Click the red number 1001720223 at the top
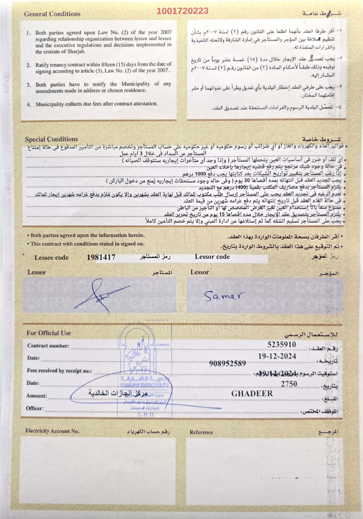tap(182, 11)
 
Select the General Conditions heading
tap(52, 14)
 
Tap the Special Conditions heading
tap(51, 139)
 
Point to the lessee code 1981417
tap(101, 257)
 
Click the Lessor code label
tap(212, 257)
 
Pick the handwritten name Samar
tap(223, 296)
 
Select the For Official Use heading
tap(49, 333)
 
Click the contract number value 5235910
tap(282, 344)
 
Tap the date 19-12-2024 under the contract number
tap(277, 356)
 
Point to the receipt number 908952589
tap(228, 363)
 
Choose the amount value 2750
tap(289, 384)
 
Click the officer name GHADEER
tap(252, 393)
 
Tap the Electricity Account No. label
tap(52, 431)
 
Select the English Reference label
tap(201, 432)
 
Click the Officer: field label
tap(35, 408)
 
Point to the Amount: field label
tap(36, 396)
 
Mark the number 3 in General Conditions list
tap(29, 85)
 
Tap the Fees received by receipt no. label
tap(59, 371)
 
